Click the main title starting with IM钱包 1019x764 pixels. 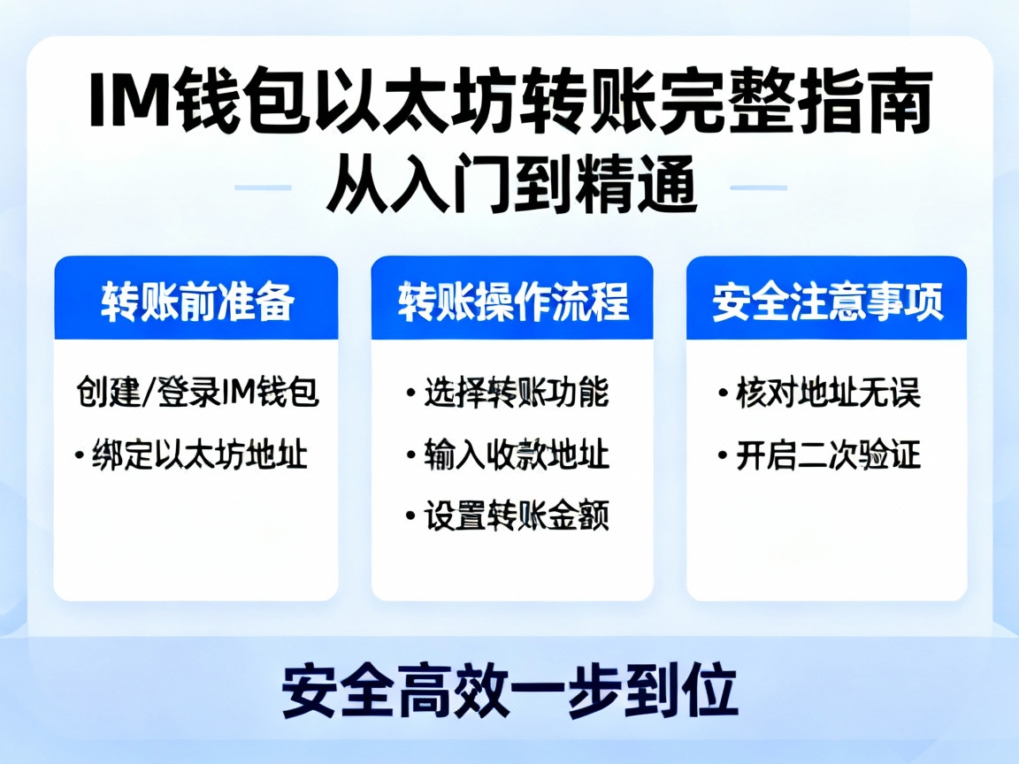click(509, 105)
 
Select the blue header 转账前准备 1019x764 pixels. click(196, 302)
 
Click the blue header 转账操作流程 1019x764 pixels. click(512, 302)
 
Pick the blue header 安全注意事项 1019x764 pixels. click(827, 302)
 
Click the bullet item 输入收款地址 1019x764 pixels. click(517, 455)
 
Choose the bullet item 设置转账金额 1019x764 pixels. click(517, 516)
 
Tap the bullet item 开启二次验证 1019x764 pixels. click(828, 455)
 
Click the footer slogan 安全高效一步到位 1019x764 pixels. click(509, 691)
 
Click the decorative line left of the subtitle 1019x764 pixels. click(263, 187)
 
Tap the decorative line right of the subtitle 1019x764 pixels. click(758, 187)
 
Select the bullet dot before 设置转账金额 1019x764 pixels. click(410, 516)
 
